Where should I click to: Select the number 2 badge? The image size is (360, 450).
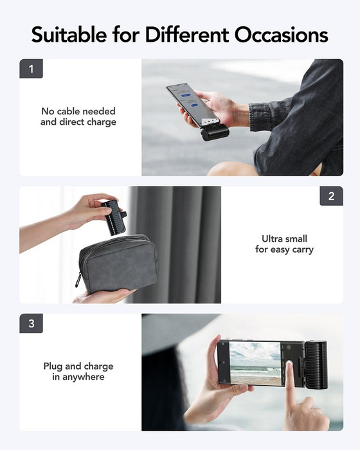(331, 196)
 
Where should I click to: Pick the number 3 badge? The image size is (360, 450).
(31, 323)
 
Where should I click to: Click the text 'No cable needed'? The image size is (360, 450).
(78, 111)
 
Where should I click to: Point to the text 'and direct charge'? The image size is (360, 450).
(78, 122)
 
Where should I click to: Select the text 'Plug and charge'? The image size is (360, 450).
(78, 366)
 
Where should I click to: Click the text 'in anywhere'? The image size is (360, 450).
(78, 377)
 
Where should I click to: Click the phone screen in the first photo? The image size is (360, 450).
(189, 103)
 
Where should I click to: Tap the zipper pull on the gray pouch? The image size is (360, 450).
(78, 280)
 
